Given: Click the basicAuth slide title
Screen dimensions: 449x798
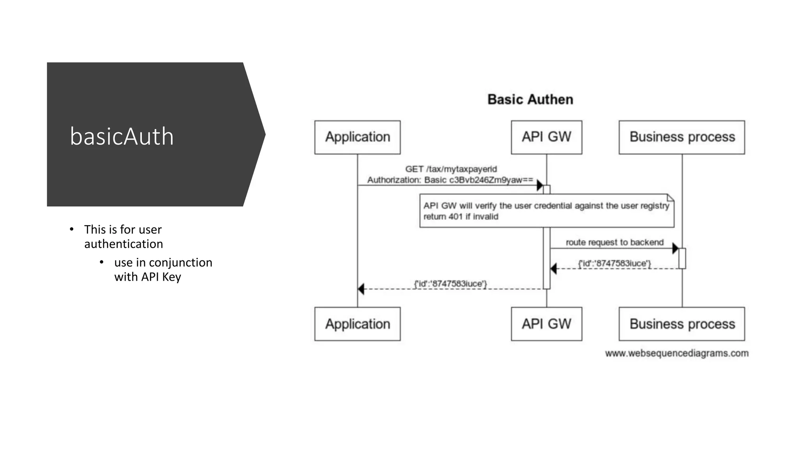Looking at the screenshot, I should [x=122, y=136].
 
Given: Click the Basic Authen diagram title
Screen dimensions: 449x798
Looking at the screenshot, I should [x=530, y=99].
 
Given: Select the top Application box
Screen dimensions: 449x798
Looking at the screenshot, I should [x=357, y=137].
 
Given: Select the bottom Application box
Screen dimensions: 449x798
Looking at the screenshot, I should [x=357, y=324].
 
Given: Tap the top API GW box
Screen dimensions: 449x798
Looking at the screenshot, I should [x=546, y=137].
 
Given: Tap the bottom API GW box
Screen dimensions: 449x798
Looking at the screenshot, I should [x=546, y=324].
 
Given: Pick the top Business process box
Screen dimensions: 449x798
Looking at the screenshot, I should [x=681, y=137].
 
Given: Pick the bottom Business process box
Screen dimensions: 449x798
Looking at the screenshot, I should [x=681, y=324].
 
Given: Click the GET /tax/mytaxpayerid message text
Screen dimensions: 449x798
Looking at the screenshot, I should [x=451, y=169].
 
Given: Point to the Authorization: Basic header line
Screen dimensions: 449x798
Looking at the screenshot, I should [x=450, y=180].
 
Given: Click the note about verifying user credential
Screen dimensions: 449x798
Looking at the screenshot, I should [x=546, y=210].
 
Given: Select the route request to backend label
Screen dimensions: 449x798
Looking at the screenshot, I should [x=614, y=242].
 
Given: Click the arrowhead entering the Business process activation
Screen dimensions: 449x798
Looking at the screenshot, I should [x=675, y=248].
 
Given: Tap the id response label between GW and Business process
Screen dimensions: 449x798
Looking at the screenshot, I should [x=614, y=263].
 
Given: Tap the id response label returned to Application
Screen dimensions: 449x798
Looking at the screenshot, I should [x=450, y=284].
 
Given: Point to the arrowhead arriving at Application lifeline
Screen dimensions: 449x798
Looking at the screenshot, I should [x=361, y=289].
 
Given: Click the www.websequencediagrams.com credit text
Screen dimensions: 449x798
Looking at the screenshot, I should [x=676, y=353].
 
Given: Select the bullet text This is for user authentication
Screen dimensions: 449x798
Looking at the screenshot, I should [x=123, y=237].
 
